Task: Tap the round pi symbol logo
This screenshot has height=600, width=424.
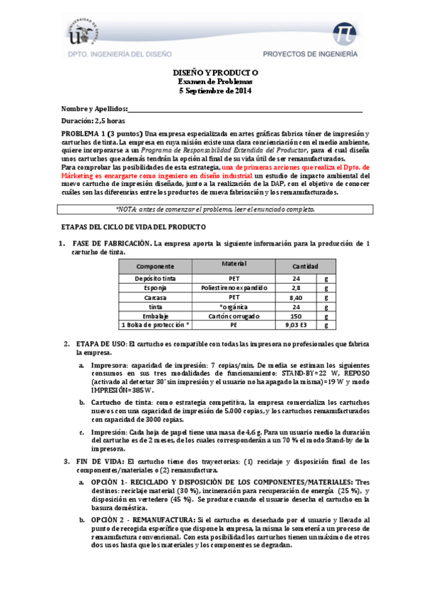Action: point(347,33)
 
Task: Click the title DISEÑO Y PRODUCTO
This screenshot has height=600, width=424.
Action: point(216,73)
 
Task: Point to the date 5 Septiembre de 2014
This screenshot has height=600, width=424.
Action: point(216,90)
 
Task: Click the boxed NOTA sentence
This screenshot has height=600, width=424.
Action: point(214,209)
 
